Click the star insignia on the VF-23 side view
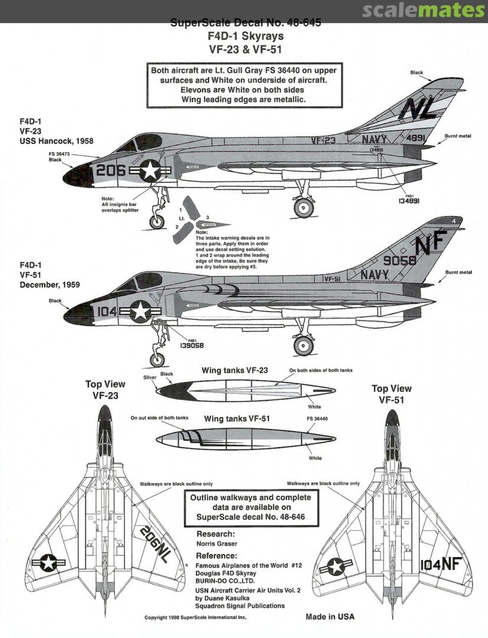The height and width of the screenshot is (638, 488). click(x=151, y=171)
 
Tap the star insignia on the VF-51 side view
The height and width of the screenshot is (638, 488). click(x=141, y=311)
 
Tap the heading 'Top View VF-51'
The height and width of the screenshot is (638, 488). click(x=391, y=393)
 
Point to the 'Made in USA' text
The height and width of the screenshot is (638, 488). click(x=330, y=617)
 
